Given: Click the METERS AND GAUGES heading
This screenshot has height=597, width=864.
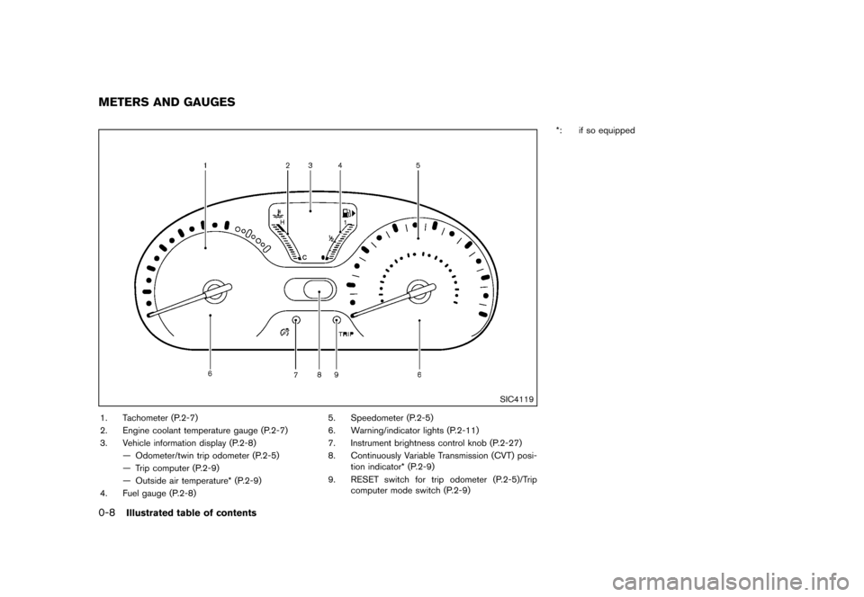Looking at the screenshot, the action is tap(167, 102).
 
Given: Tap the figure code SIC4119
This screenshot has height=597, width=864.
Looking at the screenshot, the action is tap(516, 400).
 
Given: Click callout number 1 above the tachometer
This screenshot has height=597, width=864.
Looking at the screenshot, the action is tap(205, 165).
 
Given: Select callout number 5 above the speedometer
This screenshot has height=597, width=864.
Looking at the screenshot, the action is tap(418, 165).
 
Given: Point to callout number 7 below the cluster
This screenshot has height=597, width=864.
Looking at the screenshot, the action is tap(296, 375).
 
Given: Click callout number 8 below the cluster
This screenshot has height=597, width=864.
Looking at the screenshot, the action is tap(319, 375).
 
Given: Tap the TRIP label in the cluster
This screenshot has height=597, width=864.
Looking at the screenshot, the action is tap(346, 334).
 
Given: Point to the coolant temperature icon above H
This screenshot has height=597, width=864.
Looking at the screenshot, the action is tap(279, 213).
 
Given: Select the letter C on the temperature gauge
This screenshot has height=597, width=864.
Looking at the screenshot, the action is tap(304, 257).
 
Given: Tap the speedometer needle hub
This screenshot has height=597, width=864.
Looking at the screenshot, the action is tap(418, 291).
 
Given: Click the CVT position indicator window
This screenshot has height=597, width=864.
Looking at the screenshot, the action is tap(310, 290).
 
